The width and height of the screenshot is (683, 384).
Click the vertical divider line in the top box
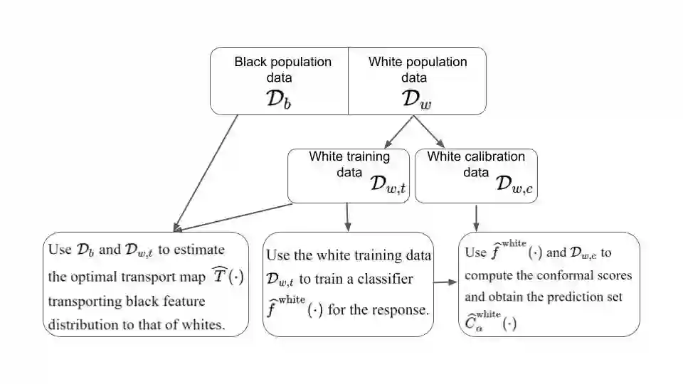(348, 80)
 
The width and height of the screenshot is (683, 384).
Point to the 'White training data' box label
(349, 156)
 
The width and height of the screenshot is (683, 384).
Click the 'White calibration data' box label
(475, 156)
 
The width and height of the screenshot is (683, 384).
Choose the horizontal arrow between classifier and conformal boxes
(445, 282)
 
